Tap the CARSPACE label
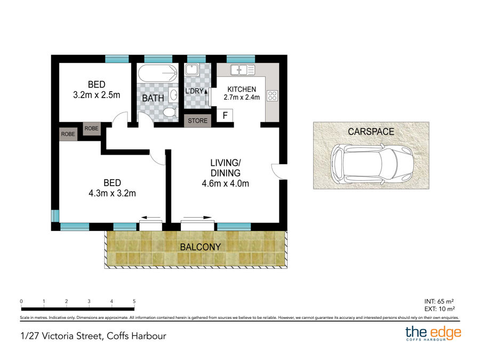click(x=371, y=131)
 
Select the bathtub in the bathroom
click(x=157, y=73)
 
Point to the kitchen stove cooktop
click(x=272, y=96)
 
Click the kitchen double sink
click(x=242, y=69)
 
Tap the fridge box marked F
click(x=225, y=115)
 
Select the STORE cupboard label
click(x=197, y=121)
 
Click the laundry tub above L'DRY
click(x=191, y=69)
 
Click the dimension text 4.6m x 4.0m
click(x=226, y=183)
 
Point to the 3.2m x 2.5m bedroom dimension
click(x=97, y=95)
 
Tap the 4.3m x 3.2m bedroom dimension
click(x=113, y=193)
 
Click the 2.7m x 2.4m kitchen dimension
click(x=242, y=98)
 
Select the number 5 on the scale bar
click(x=134, y=301)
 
